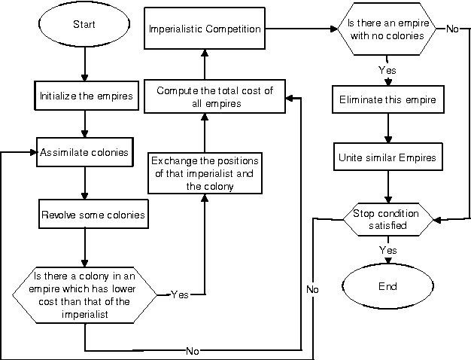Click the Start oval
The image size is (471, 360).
(x=84, y=25)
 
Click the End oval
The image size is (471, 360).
(x=386, y=286)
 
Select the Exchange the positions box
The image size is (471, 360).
(x=205, y=173)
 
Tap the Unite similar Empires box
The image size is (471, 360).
(x=386, y=157)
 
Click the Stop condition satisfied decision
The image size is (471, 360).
(x=386, y=219)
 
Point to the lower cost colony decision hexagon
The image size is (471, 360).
(x=84, y=293)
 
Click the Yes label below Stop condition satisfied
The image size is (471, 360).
(x=388, y=250)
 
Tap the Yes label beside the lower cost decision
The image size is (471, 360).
(x=180, y=294)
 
